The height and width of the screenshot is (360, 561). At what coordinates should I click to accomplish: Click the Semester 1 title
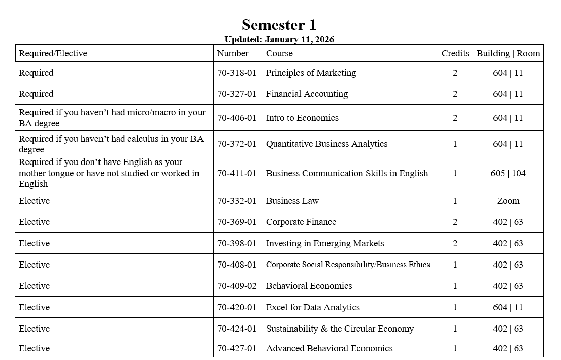(279, 25)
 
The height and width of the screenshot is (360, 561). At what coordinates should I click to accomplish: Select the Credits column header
(455, 53)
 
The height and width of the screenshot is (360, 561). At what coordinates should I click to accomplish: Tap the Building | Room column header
(508, 53)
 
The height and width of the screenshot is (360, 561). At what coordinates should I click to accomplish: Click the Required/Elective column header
(53, 53)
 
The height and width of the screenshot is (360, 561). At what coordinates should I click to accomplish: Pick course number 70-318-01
(237, 73)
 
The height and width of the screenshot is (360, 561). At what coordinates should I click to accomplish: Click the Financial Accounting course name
(307, 94)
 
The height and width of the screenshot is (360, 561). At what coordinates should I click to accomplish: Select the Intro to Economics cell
(302, 118)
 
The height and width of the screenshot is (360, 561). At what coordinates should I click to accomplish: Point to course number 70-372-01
(237, 144)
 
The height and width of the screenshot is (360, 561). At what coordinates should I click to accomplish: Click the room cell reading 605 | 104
(508, 173)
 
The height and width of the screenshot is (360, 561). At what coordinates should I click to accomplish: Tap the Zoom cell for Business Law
(508, 201)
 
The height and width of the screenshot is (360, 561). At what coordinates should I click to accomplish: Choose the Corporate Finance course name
(301, 222)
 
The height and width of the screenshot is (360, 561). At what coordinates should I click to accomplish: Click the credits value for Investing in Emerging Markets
(455, 243)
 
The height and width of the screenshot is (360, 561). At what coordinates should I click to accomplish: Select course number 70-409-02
(237, 286)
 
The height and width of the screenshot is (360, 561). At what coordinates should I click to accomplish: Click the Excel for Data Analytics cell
(313, 307)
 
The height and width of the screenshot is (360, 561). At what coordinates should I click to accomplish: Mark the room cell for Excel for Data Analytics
(508, 307)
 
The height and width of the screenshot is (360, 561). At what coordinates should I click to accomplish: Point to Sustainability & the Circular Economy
(340, 329)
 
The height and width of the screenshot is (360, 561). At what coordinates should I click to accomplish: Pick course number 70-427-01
(237, 348)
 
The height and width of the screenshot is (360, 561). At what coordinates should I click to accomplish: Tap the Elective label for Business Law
(34, 201)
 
